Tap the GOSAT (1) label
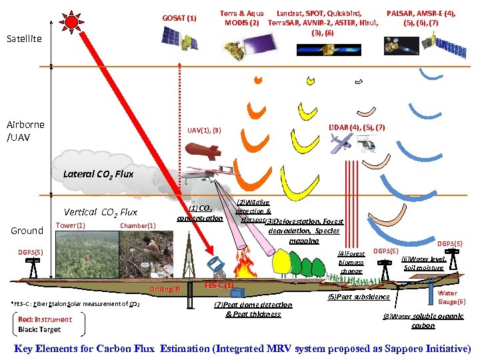coord(179,17)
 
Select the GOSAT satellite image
coord(179,38)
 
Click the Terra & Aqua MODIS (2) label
coord(241,18)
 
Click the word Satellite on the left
coord(24,39)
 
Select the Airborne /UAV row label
coord(26,130)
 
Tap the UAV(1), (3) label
coord(204,129)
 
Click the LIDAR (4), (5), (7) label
coord(357,127)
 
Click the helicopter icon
coord(369,144)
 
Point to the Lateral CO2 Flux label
coord(98,174)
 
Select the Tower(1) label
coord(70,225)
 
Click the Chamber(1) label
coord(137,225)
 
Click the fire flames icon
coord(245,265)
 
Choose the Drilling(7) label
coord(165,289)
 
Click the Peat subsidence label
coord(359,297)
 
